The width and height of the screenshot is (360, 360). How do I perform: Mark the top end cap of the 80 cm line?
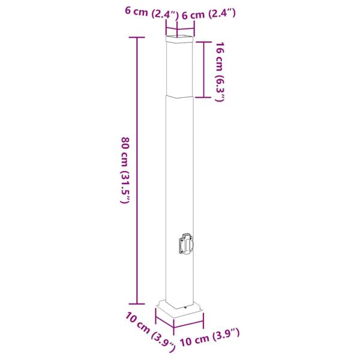137,37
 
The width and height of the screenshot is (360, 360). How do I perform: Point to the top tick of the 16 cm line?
204,41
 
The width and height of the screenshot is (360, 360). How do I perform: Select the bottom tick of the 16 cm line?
204,97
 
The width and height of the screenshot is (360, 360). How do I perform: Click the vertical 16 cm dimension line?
204,69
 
